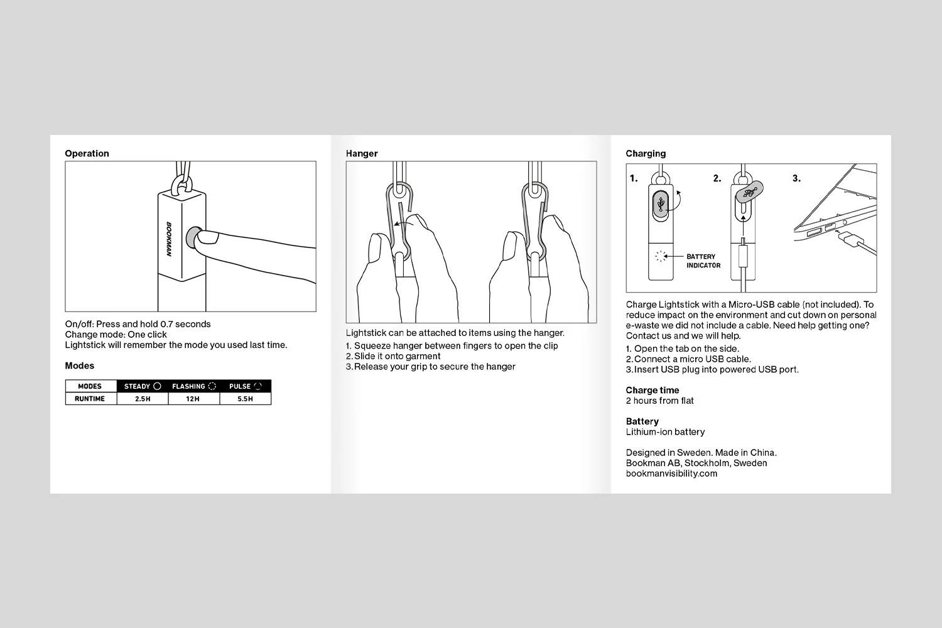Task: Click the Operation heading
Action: click(87, 153)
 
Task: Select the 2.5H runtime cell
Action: click(143, 399)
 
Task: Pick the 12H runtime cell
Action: click(193, 399)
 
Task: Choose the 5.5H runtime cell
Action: click(245, 399)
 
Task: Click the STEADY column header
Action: click(143, 386)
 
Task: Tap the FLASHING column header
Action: click(193, 386)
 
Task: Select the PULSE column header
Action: click(245, 386)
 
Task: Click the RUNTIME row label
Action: click(90, 399)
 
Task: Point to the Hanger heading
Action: click(362, 153)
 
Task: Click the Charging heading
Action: click(646, 153)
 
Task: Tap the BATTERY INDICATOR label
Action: click(703, 261)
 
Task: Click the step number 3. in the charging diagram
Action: click(796, 178)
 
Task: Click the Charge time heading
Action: click(652, 390)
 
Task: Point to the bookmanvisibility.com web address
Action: click(671, 474)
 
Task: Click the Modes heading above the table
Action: click(79, 365)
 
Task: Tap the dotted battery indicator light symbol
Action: click(659, 256)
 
